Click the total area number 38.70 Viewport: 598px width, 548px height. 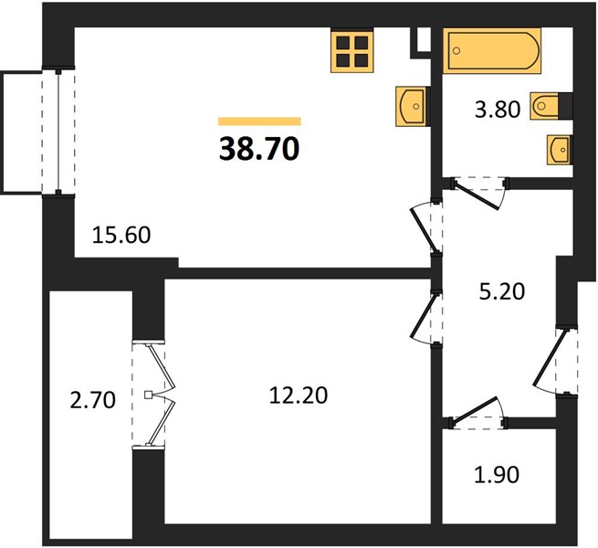259,149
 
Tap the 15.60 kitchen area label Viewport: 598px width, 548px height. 121,235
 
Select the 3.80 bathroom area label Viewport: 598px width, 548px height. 498,110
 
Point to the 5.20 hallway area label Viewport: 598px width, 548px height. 502,291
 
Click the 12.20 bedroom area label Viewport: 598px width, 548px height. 299,395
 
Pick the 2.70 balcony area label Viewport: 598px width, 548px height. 93,401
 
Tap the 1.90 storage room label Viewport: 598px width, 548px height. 497,475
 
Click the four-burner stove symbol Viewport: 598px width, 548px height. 351,51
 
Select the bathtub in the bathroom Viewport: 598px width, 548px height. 491,50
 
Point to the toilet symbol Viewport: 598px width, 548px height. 544,106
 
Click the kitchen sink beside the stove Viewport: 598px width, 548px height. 411,106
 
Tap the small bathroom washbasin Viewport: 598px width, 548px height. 559,150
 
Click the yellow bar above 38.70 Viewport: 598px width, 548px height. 259,121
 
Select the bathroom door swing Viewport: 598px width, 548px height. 478,193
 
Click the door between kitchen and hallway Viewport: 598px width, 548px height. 425,228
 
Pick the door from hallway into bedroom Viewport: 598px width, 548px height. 425,317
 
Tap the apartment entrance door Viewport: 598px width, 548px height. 552,361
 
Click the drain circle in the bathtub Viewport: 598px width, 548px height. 456,50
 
